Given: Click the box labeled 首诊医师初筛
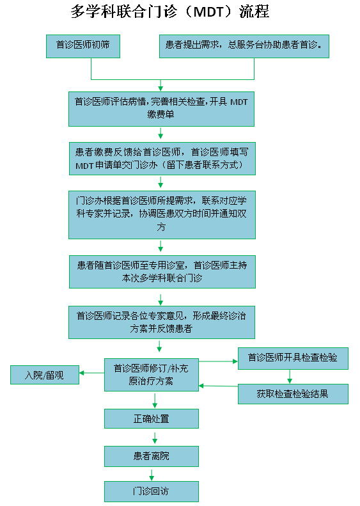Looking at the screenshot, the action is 83,46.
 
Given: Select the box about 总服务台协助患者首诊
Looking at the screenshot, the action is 244,46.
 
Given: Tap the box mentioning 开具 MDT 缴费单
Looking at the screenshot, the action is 161,109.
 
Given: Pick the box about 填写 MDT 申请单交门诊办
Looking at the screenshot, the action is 162,159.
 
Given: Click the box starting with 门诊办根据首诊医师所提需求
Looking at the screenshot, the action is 162,215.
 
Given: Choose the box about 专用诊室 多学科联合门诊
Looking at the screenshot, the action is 162,272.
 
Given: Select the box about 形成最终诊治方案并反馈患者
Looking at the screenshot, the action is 162,322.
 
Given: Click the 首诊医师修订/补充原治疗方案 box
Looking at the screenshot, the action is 152,375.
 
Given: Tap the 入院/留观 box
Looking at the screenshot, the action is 45,375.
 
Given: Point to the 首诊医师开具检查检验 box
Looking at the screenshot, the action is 293,358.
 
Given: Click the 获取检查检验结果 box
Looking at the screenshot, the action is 293,393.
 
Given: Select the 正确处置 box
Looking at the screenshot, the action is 152,418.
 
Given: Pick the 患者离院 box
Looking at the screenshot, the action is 152,456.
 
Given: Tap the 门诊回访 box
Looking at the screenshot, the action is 152,491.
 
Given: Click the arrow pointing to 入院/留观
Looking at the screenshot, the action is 91,373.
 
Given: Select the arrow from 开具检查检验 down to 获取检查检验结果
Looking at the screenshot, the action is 290,377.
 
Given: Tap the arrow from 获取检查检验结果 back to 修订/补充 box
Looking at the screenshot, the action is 219,386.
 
